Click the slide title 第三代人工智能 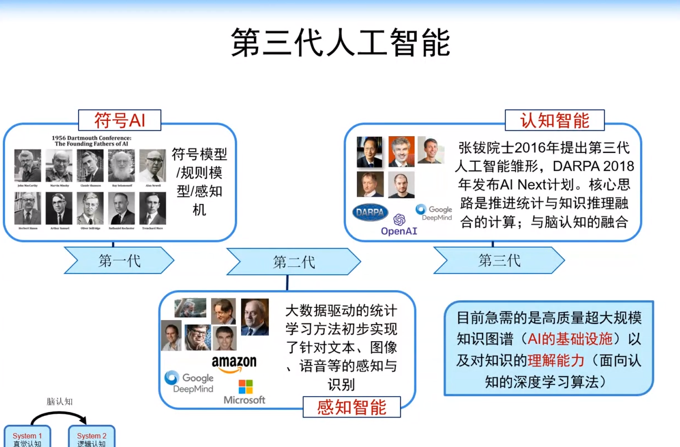click(x=340, y=43)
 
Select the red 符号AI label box click(x=120, y=120)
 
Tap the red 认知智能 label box click(x=554, y=120)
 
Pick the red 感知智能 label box click(x=351, y=407)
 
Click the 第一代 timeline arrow click(x=119, y=260)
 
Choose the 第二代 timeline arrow click(x=293, y=261)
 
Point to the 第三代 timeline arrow click(x=499, y=260)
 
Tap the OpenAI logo click(x=399, y=225)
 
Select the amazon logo click(x=234, y=364)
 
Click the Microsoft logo click(x=244, y=392)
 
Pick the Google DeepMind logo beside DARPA click(x=434, y=213)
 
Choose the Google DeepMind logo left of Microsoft click(x=190, y=382)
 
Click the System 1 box click(x=27, y=438)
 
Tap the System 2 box click(x=91, y=438)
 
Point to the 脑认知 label click(x=59, y=402)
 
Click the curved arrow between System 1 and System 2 click(x=59, y=414)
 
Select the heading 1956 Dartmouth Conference click(x=91, y=141)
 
